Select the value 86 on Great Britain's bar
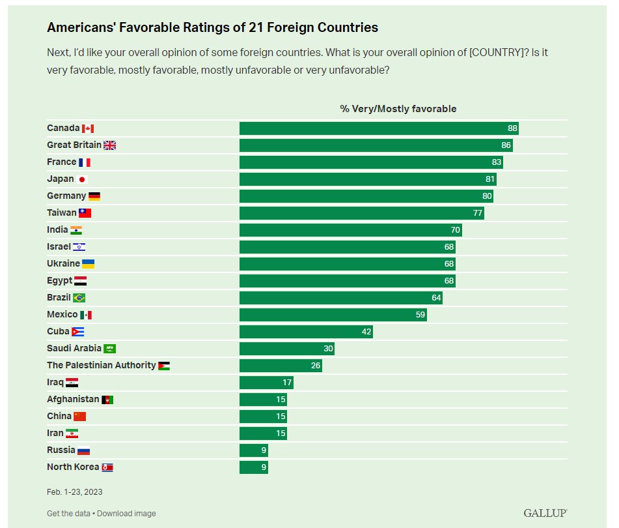point(507,145)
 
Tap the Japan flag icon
point(82,179)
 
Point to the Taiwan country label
point(61,213)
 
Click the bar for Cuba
point(306,332)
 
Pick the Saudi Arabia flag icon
point(110,349)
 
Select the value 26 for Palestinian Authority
point(316,366)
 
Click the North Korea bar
point(253,467)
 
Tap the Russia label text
point(61,450)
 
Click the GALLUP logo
point(545,513)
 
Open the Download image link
point(126,514)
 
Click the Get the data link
point(68,514)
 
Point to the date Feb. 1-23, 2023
point(74,492)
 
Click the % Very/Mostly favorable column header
point(398,109)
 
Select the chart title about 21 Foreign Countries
point(212,28)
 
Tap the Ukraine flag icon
point(89,264)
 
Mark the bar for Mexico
point(333,315)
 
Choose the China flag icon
point(79,417)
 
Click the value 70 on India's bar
point(456,230)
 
